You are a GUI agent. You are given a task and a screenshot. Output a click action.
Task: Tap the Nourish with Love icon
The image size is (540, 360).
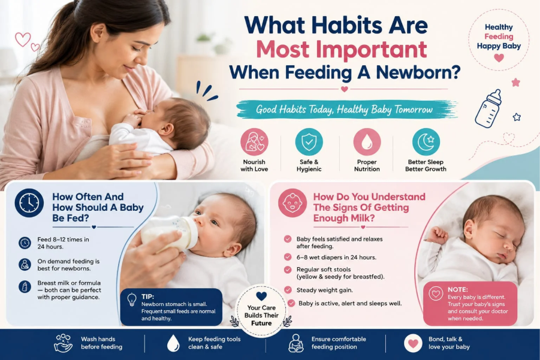pyautogui.click(x=254, y=142)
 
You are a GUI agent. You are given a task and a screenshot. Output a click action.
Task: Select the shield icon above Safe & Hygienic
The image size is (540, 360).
pyautogui.click(x=309, y=142)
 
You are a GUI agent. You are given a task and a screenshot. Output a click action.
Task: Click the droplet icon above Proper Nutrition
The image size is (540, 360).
pyautogui.click(x=367, y=142)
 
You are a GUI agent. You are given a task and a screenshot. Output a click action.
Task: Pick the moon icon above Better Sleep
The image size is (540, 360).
pyautogui.click(x=426, y=142)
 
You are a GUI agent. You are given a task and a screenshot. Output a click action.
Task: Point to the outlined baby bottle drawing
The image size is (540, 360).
pyautogui.click(x=488, y=109)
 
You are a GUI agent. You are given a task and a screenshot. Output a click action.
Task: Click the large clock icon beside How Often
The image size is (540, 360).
pyautogui.click(x=29, y=202)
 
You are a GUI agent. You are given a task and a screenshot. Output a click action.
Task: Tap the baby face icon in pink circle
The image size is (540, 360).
pyautogui.click(x=292, y=202)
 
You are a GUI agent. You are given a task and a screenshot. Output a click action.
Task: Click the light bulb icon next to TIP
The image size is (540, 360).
pyautogui.click(x=132, y=300)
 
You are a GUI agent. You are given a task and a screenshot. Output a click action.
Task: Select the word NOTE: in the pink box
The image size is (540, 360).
pyautogui.click(x=458, y=289)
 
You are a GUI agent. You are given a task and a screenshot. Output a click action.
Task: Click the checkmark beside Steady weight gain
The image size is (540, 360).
pyautogui.click(x=288, y=290)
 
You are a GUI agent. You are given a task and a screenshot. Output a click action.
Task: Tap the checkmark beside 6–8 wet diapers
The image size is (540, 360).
pyautogui.click(x=288, y=257)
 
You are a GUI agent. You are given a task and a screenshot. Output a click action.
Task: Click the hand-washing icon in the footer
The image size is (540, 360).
pyautogui.click(x=64, y=343)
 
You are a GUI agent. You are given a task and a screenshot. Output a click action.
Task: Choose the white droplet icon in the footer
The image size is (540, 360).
pyautogui.click(x=173, y=343)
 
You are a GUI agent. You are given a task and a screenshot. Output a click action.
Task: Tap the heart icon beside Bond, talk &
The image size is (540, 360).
pyautogui.click(x=414, y=343)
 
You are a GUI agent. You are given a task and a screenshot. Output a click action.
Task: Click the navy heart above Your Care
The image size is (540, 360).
pyautogui.click(x=261, y=296)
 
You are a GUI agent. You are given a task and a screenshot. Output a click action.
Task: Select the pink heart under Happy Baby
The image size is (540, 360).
pyautogui.click(x=499, y=58)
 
